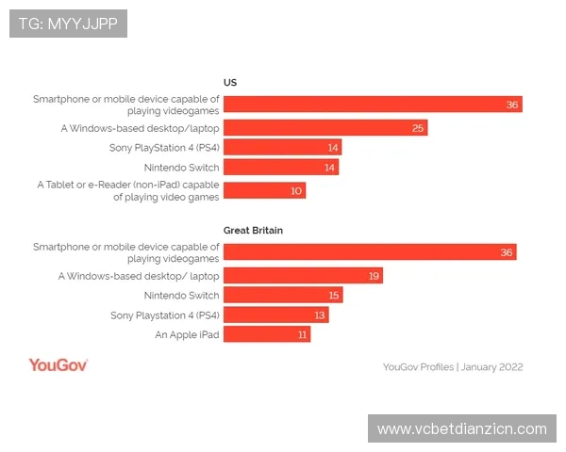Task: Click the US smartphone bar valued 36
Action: tap(373, 105)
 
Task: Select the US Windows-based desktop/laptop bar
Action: tap(325, 127)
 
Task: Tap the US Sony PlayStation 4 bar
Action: tap(282, 148)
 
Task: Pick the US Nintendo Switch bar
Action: tap(281, 168)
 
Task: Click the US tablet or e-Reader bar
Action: tap(265, 191)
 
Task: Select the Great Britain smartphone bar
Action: tap(370, 251)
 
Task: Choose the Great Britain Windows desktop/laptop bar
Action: tap(303, 276)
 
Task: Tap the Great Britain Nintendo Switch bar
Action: tap(283, 295)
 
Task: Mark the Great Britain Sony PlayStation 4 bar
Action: tap(275, 315)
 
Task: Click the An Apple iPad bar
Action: tap(267, 334)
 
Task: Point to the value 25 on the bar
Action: tap(418, 128)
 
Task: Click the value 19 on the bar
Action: tap(374, 276)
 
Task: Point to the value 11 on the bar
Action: tap(303, 334)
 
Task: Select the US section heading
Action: tap(229, 82)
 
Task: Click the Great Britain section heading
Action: tap(253, 230)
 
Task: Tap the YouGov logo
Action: tap(58, 365)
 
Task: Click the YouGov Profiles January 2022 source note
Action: tap(453, 367)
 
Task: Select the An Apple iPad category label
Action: tap(187, 334)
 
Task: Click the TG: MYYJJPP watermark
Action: tap(68, 24)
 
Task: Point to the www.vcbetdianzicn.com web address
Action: tap(461, 428)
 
